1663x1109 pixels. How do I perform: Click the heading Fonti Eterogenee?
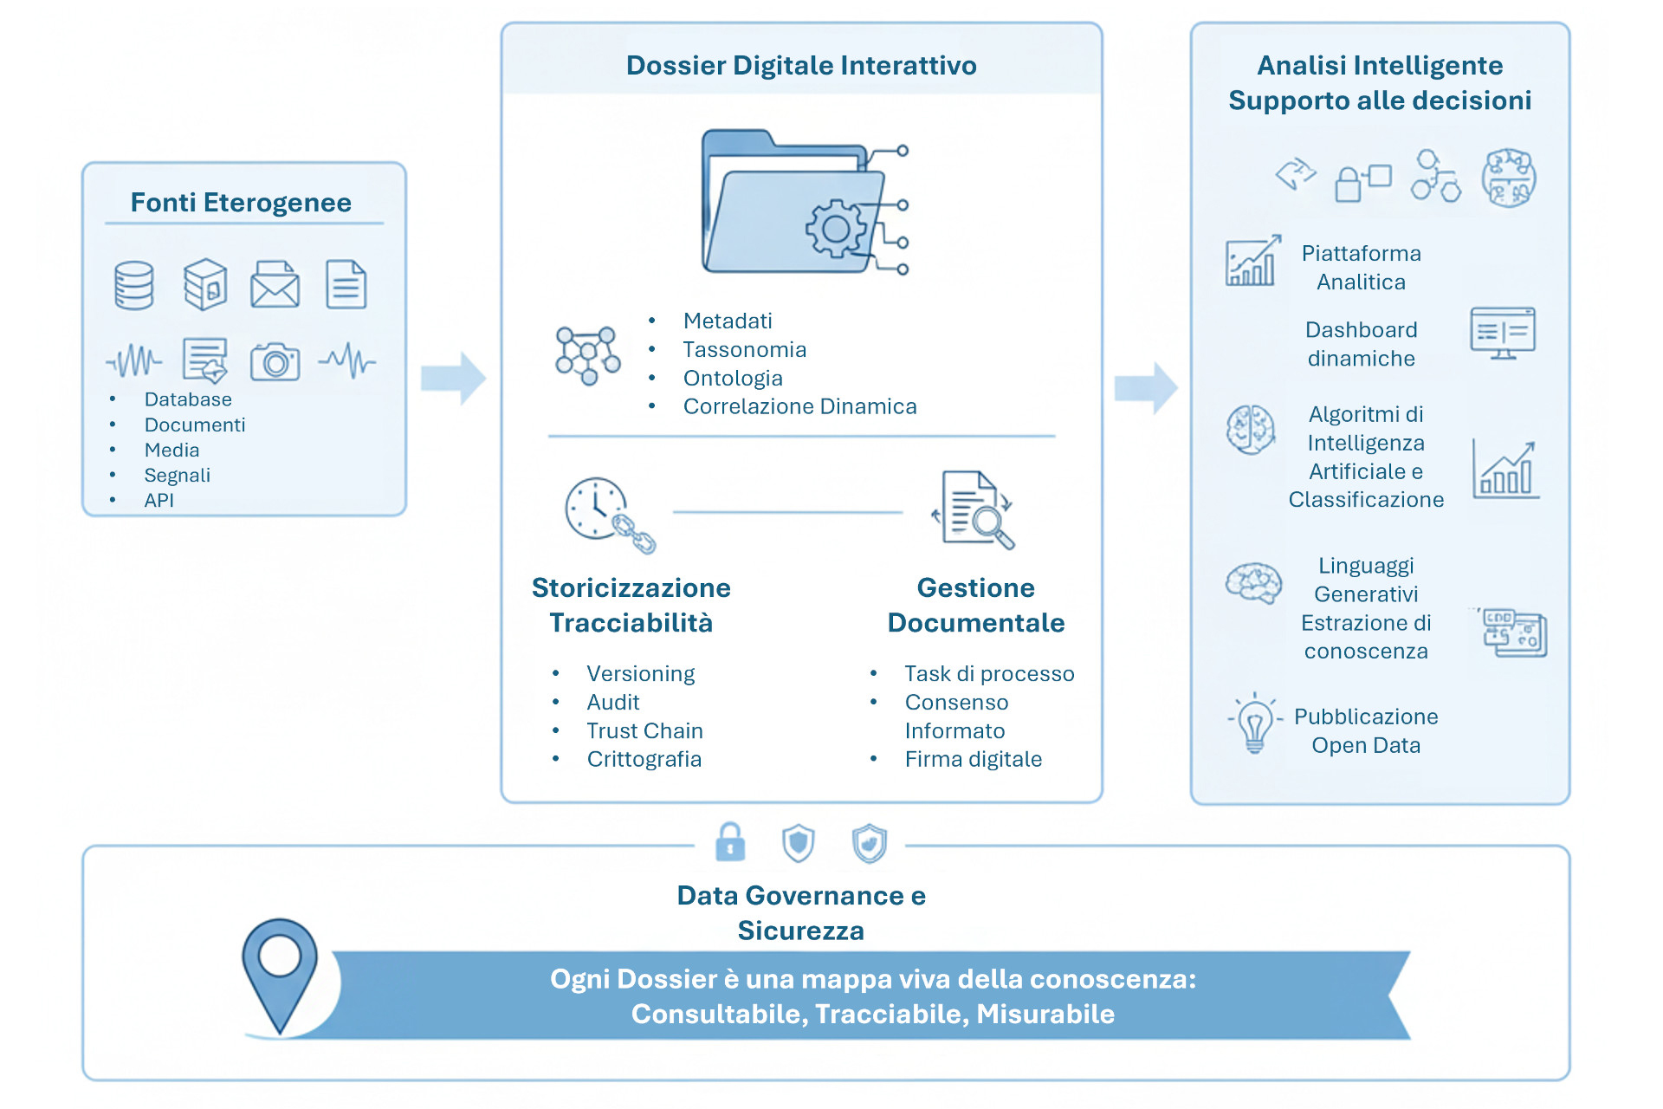(241, 203)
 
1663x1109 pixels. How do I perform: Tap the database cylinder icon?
(134, 285)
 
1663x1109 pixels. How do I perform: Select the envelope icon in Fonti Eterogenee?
(275, 285)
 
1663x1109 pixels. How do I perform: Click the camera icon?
(275, 361)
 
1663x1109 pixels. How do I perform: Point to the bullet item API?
(159, 500)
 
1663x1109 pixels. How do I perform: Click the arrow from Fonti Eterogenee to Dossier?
(453, 379)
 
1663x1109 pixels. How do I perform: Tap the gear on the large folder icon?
(836, 229)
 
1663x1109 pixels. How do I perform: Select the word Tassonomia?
(744, 349)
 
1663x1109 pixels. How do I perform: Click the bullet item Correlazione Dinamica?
(799, 406)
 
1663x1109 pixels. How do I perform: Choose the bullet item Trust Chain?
(644, 730)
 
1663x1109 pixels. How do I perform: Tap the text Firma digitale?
(973, 759)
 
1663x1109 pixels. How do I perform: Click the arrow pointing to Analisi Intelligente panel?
(1145, 387)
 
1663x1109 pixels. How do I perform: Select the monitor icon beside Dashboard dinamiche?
(1502, 333)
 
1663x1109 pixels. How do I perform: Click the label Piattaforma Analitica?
(1361, 268)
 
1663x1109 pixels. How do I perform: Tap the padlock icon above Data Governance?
(730, 842)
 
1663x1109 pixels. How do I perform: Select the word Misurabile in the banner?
(1045, 1014)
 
